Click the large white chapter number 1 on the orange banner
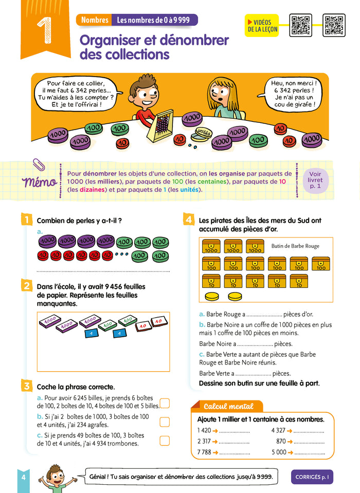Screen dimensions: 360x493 [x=44, y=30]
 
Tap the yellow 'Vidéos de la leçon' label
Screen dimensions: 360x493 [x=262, y=26]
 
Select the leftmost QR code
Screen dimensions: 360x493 [x=300, y=25]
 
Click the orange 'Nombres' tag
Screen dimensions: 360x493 [x=94, y=20]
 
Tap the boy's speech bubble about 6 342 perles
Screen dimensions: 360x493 [x=77, y=94]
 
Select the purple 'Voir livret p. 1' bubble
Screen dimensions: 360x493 [x=315, y=180]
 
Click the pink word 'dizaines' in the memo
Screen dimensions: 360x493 [x=92, y=190]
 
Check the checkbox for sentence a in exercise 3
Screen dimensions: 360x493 [x=165, y=403]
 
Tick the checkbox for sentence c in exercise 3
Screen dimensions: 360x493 [x=165, y=441]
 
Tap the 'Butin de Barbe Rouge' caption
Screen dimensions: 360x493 [x=295, y=246]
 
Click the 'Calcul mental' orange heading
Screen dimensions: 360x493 [x=228, y=407]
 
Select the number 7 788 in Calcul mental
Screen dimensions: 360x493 [x=204, y=452]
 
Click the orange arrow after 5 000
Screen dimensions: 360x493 [x=290, y=452]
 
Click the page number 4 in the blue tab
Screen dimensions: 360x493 [x=24, y=477]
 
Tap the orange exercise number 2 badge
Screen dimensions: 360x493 [x=27, y=286]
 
